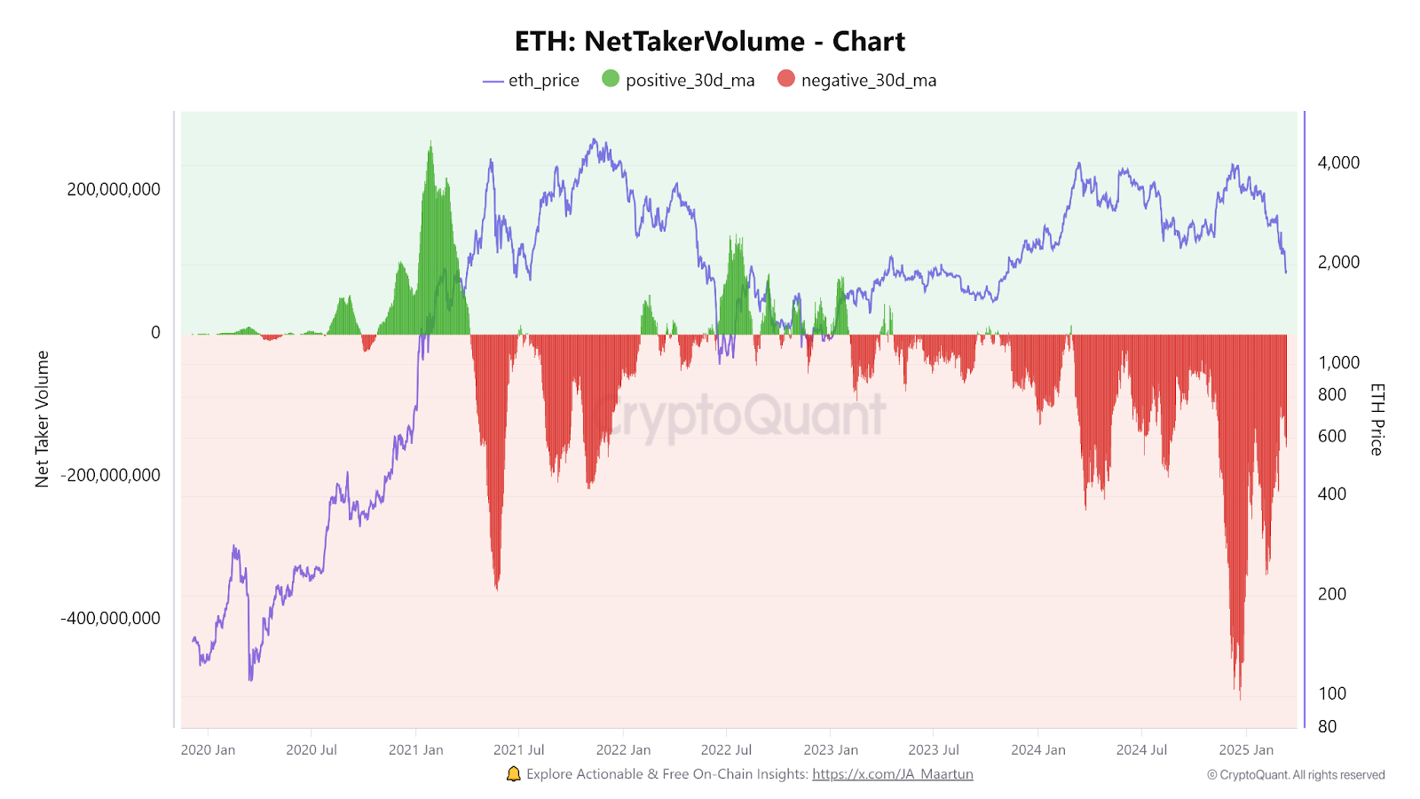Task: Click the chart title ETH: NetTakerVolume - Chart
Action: point(710,42)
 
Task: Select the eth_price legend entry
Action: point(531,81)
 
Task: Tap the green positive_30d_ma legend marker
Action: point(611,79)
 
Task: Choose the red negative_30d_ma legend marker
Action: point(786,79)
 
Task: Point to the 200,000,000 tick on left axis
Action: point(114,189)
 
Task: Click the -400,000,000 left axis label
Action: point(111,618)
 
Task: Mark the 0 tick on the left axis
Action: point(155,333)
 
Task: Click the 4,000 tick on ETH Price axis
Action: point(1338,162)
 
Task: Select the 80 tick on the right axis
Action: point(1327,726)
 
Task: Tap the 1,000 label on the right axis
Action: point(1338,362)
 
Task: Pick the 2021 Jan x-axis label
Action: point(415,750)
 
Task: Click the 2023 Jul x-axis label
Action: point(934,750)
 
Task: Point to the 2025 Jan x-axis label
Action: point(1245,750)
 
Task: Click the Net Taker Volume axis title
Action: point(42,419)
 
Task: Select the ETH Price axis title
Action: point(1377,419)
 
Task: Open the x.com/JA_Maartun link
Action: point(892,774)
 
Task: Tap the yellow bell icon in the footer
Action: point(513,774)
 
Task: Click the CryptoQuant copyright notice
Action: point(1296,775)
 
